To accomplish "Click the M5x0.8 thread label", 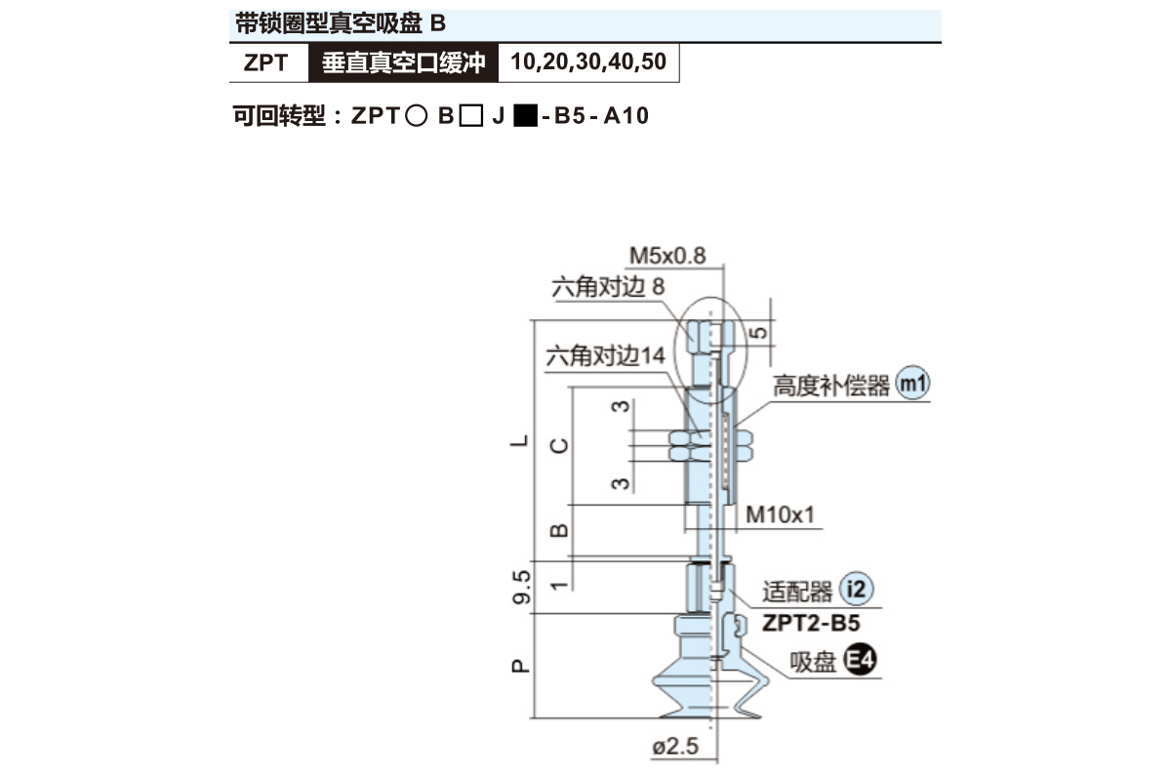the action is pos(667,256).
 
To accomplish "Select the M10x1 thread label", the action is pos(780,514).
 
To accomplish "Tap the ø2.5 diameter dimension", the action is pos(675,747).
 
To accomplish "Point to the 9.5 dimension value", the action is pos(521,588).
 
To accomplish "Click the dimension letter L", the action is pos(519,441).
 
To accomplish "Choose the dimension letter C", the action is pos(559,446).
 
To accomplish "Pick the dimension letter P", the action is pos(520,666).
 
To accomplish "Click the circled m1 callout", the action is pos(912,384).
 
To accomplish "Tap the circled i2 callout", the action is pos(856,589).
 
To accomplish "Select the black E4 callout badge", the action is pos(860,660).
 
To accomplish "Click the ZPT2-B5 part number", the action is pos(811,623).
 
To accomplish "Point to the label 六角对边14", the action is pos(605,356).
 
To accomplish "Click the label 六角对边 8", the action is pos(608,287).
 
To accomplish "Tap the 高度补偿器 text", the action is pos(831,386).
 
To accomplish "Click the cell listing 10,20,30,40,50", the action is pos(588,62).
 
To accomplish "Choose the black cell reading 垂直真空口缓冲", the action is pos(404,62).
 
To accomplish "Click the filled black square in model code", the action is pos(525,115).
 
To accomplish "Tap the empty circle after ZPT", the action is pos(416,115).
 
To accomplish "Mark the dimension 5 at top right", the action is pos(759,333).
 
